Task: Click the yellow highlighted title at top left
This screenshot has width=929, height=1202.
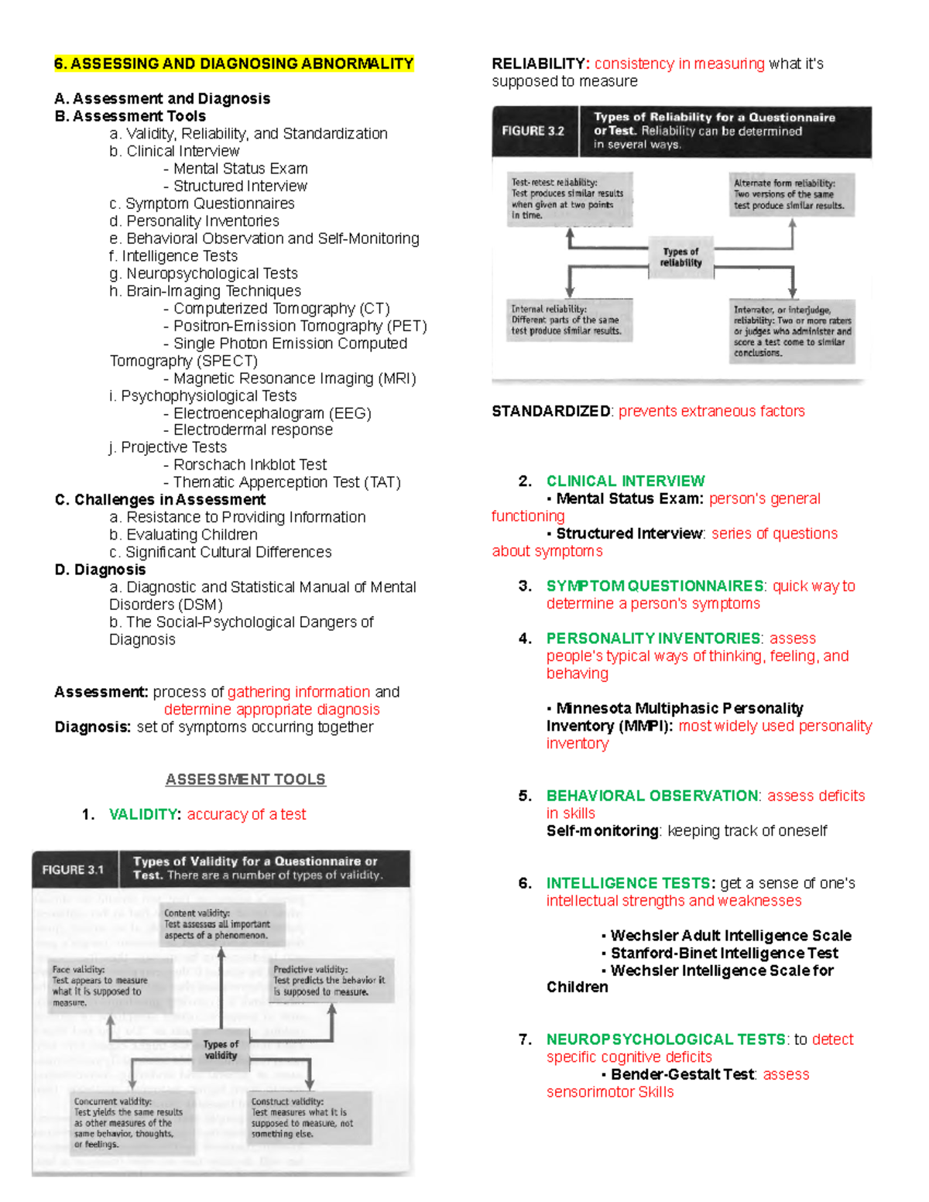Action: [x=234, y=63]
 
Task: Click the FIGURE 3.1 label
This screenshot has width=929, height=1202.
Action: [x=73, y=869]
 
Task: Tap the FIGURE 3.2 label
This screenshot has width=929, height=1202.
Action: [x=533, y=131]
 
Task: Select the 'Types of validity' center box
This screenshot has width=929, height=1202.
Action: [x=221, y=1050]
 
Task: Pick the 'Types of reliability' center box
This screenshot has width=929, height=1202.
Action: [x=680, y=257]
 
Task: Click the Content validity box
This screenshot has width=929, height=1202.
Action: [x=221, y=924]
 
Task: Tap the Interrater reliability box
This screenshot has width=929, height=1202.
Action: [x=792, y=330]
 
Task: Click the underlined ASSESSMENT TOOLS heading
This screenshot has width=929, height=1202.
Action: [x=245, y=779]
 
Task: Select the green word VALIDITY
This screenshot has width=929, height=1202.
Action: [x=145, y=814]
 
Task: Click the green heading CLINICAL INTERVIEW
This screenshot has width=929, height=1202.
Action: [x=626, y=481]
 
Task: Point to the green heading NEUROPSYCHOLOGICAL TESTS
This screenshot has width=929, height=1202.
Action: [x=666, y=1039]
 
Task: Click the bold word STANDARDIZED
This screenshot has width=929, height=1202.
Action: [x=551, y=411]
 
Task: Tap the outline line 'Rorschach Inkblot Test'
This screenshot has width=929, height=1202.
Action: [x=249, y=464]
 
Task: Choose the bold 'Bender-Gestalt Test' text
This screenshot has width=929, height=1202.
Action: [x=682, y=1074]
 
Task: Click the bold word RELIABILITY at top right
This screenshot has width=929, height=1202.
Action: [x=540, y=63]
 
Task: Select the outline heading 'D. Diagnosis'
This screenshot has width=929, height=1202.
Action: [x=100, y=570]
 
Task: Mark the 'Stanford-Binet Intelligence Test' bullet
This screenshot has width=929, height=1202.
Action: [x=724, y=953]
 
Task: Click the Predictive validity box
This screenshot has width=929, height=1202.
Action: [x=331, y=980]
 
